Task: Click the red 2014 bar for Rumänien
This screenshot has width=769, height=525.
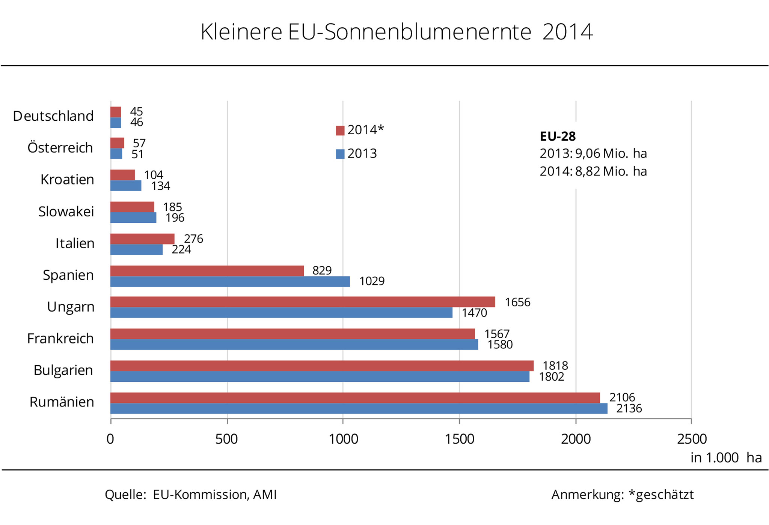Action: (355, 398)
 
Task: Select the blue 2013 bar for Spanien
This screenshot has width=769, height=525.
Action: (230, 282)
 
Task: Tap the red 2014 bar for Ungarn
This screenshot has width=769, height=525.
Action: (302, 302)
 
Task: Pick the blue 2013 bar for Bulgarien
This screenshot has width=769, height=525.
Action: (320, 376)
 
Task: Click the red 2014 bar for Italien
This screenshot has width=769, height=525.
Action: (142, 239)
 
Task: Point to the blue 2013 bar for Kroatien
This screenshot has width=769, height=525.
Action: (126, 186)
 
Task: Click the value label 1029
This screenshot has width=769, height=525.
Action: (372, 281)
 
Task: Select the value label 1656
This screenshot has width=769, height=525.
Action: (517, 302)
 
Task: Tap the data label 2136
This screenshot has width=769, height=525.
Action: (629, 408)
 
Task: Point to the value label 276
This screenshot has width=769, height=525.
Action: (193, 239)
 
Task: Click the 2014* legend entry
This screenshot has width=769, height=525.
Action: (360, 130)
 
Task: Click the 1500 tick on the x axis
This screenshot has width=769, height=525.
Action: (459, 439)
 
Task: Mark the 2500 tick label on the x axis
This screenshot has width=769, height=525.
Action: (692, 439)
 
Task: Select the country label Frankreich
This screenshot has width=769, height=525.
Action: (60, 339)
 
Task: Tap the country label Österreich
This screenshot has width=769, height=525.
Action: (60, 148)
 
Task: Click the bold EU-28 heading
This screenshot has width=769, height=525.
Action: (558, 136)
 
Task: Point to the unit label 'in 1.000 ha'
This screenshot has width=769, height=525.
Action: (726, 458)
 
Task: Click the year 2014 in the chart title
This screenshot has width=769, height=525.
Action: (567, 32)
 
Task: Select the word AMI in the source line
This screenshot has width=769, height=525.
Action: (265, 495)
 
